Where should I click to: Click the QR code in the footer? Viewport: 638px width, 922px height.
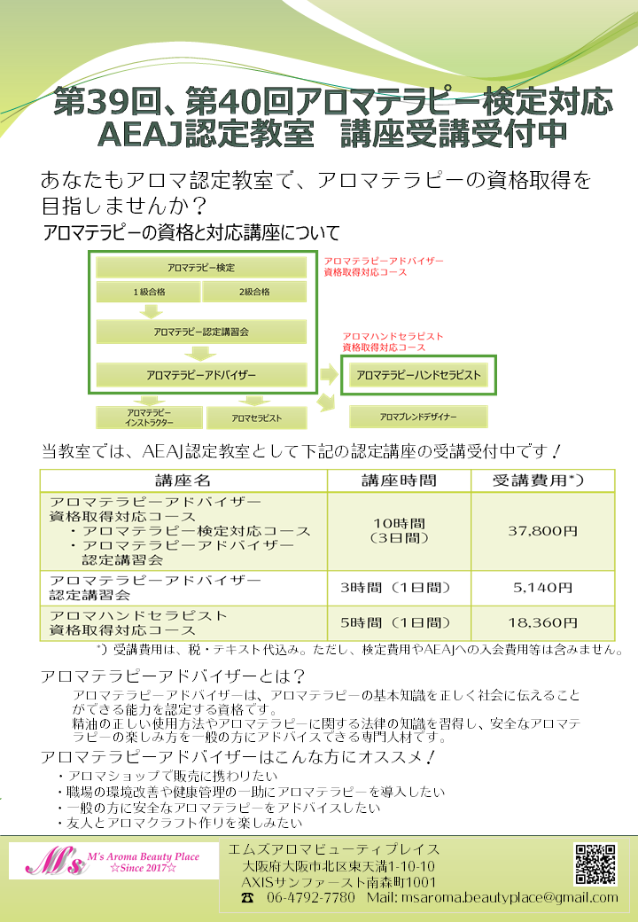click(x=595, y=864)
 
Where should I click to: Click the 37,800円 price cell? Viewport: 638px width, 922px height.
click(x=543, y=531)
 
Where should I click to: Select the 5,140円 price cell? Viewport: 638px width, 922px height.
click(x=543, y=588)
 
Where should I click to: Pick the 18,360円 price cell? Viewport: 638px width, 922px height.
click(x=543, y=623)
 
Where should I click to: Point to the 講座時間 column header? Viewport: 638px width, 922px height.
click(x=399, y=481)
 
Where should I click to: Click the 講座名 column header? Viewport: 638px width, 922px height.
click(x=183, y=481)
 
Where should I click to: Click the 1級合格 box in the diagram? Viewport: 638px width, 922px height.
click(x=149, y=292)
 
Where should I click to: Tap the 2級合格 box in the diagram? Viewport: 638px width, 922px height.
click(x=254, y=292)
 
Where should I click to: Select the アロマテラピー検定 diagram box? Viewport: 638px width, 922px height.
click(x=201, y=268)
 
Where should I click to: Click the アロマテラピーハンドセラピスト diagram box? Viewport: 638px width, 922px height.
click(x=419, y=375)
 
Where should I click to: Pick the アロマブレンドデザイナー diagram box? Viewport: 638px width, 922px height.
click(x=418, y=417)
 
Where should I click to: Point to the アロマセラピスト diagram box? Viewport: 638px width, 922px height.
click(x=257, y=418)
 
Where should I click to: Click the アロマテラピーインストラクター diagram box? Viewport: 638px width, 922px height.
click(x=149, y=418)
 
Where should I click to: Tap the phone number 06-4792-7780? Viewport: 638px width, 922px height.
click(x=311, y=898)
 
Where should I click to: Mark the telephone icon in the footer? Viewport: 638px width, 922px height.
click(x=248, y=898)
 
